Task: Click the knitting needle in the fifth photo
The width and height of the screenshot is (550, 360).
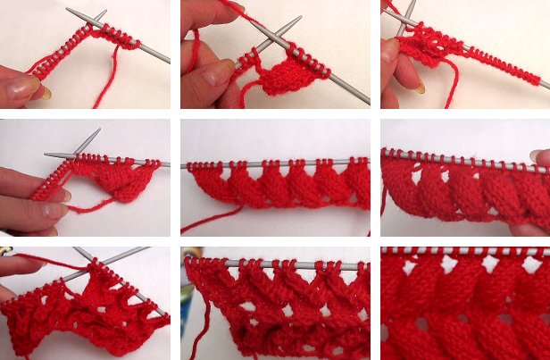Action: click(x=268, y=163)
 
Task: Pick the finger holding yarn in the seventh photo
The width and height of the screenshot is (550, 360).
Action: click(x=22, y=264)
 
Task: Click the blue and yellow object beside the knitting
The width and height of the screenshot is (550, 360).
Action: click(x=186, y=313)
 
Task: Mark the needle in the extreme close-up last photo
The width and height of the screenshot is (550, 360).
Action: click(x=464, y=252)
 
